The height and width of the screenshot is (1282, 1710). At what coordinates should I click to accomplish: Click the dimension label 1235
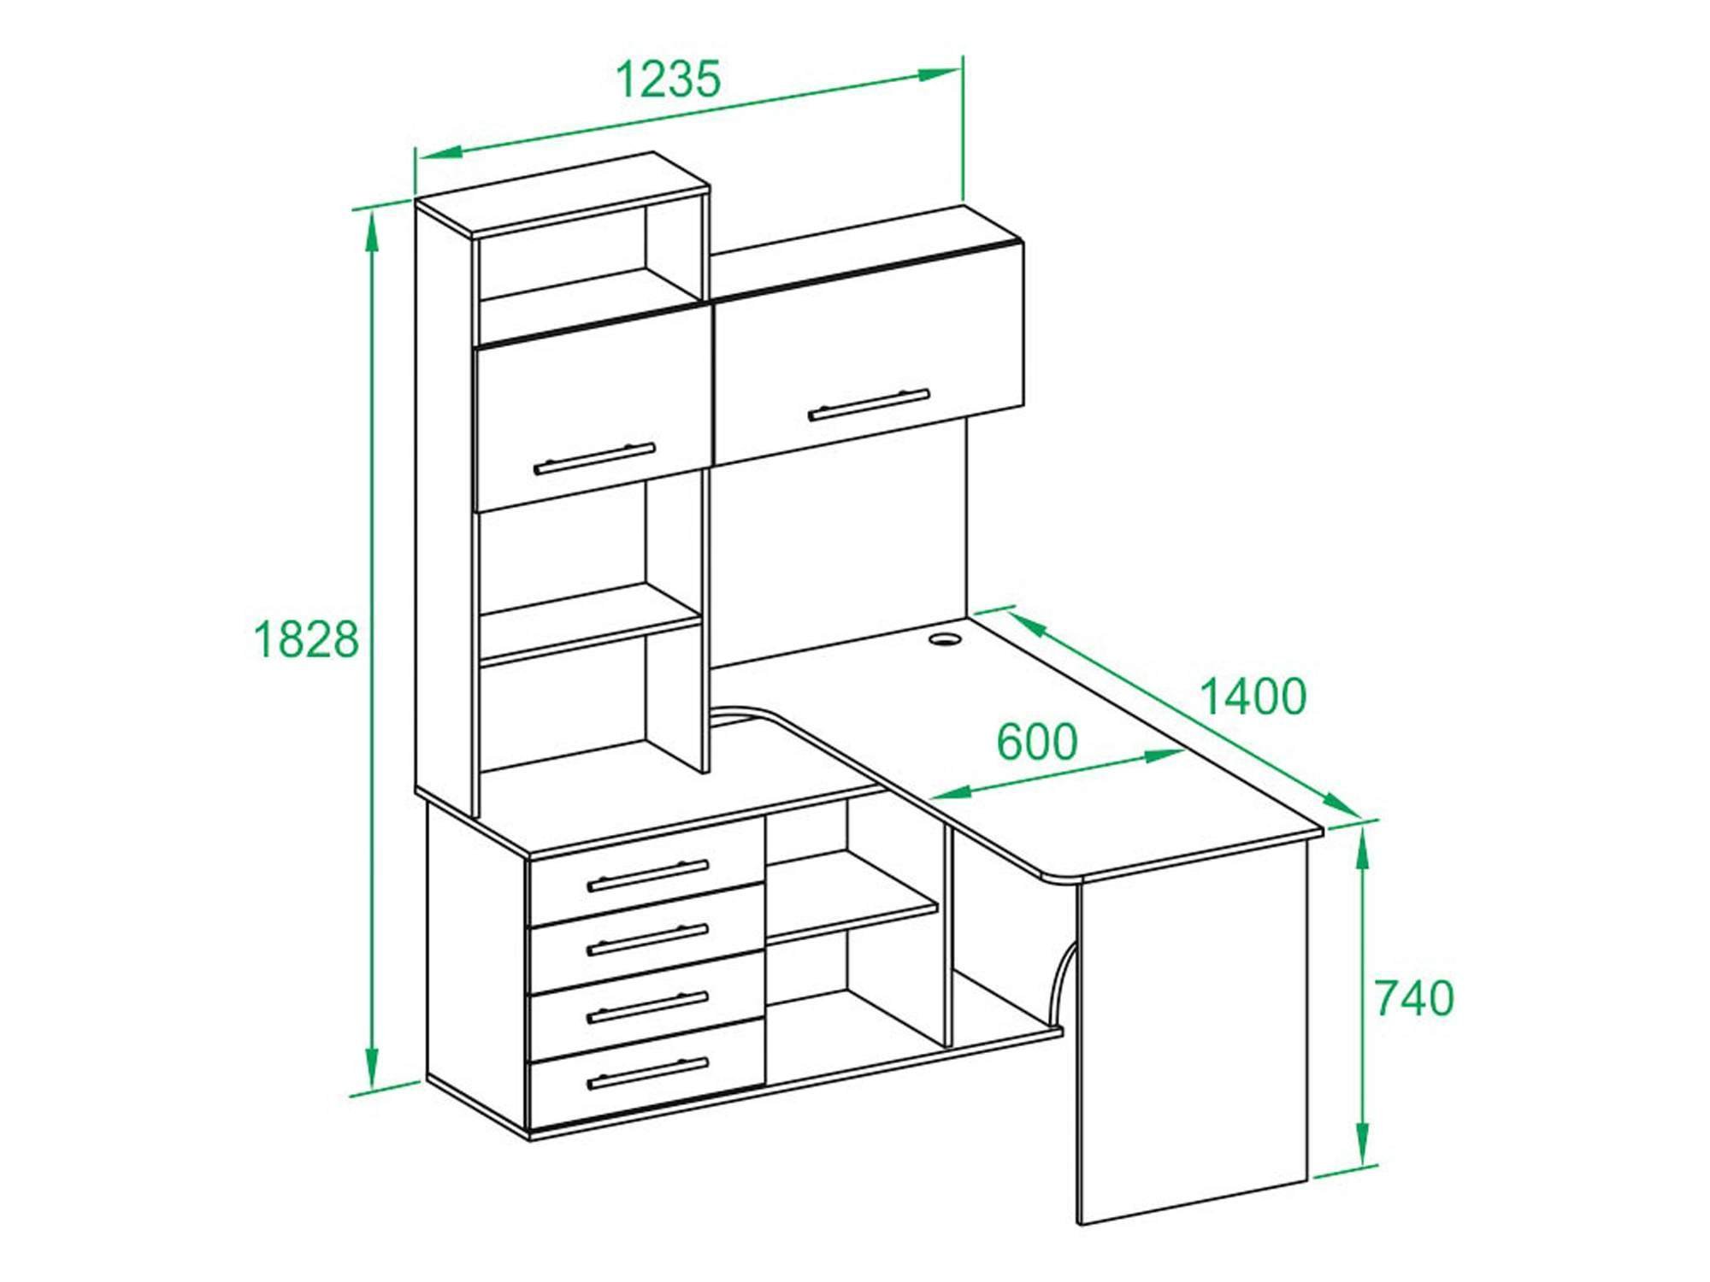(669, 79)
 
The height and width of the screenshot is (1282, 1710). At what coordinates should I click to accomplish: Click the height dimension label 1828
(307, 639)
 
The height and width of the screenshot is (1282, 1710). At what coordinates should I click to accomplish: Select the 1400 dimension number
(1253, 696)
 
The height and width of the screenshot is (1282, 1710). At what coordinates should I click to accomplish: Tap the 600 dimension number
(1037, 742)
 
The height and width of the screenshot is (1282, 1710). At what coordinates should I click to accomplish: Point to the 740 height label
(1414, 997)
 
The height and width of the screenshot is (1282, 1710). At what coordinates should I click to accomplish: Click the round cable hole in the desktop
(946, 638)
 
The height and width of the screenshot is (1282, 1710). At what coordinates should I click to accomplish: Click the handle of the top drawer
(648, 875)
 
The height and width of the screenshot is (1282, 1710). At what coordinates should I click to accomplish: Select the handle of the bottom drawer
(648, 1074)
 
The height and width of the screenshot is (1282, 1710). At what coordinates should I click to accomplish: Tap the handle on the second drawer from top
(648, 940)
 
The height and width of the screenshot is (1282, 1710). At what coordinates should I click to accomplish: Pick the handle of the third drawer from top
(648, 1007)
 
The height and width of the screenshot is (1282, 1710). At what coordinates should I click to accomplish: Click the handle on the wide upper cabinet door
(869, 405)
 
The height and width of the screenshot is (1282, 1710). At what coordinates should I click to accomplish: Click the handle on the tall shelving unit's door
(594, 459)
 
